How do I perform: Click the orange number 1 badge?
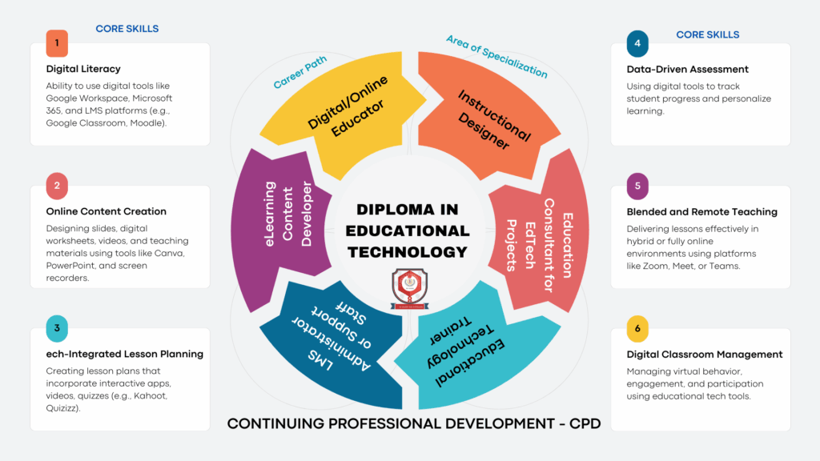pyautogui.click(x=57, y=43)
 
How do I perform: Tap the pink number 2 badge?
pyautogui.click(x=57, y=186)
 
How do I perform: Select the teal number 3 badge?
pyautogui.click(x=57, y=329)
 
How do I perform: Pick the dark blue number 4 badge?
pyautogui.click(x=637, y=43)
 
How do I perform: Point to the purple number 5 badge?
pyautogui.click(x=637, y=186)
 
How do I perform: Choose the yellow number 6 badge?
pyautogui.click(x=637, y=329)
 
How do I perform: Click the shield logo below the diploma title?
pyautogui.click(x=409, y=288)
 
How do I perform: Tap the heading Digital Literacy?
pyautogui.click(x=83, y=69)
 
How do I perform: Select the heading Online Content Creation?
pyautogui.click(x=107, y=211)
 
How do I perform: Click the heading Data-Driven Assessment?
pyautogui.click(x=687, y=70)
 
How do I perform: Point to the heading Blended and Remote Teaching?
pyautogui.click(x=701, y=212)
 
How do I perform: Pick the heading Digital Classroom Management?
pyautogui.click(x=705, y=355)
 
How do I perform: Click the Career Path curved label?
pyautogui.click(x=300, y=72)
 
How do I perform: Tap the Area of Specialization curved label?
pyautogui.click(x=496, y=57)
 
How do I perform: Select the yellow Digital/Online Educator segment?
pyautogui.click(x=345, y=112)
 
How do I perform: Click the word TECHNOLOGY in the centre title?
pyautogui.click(x=408, y=252)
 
